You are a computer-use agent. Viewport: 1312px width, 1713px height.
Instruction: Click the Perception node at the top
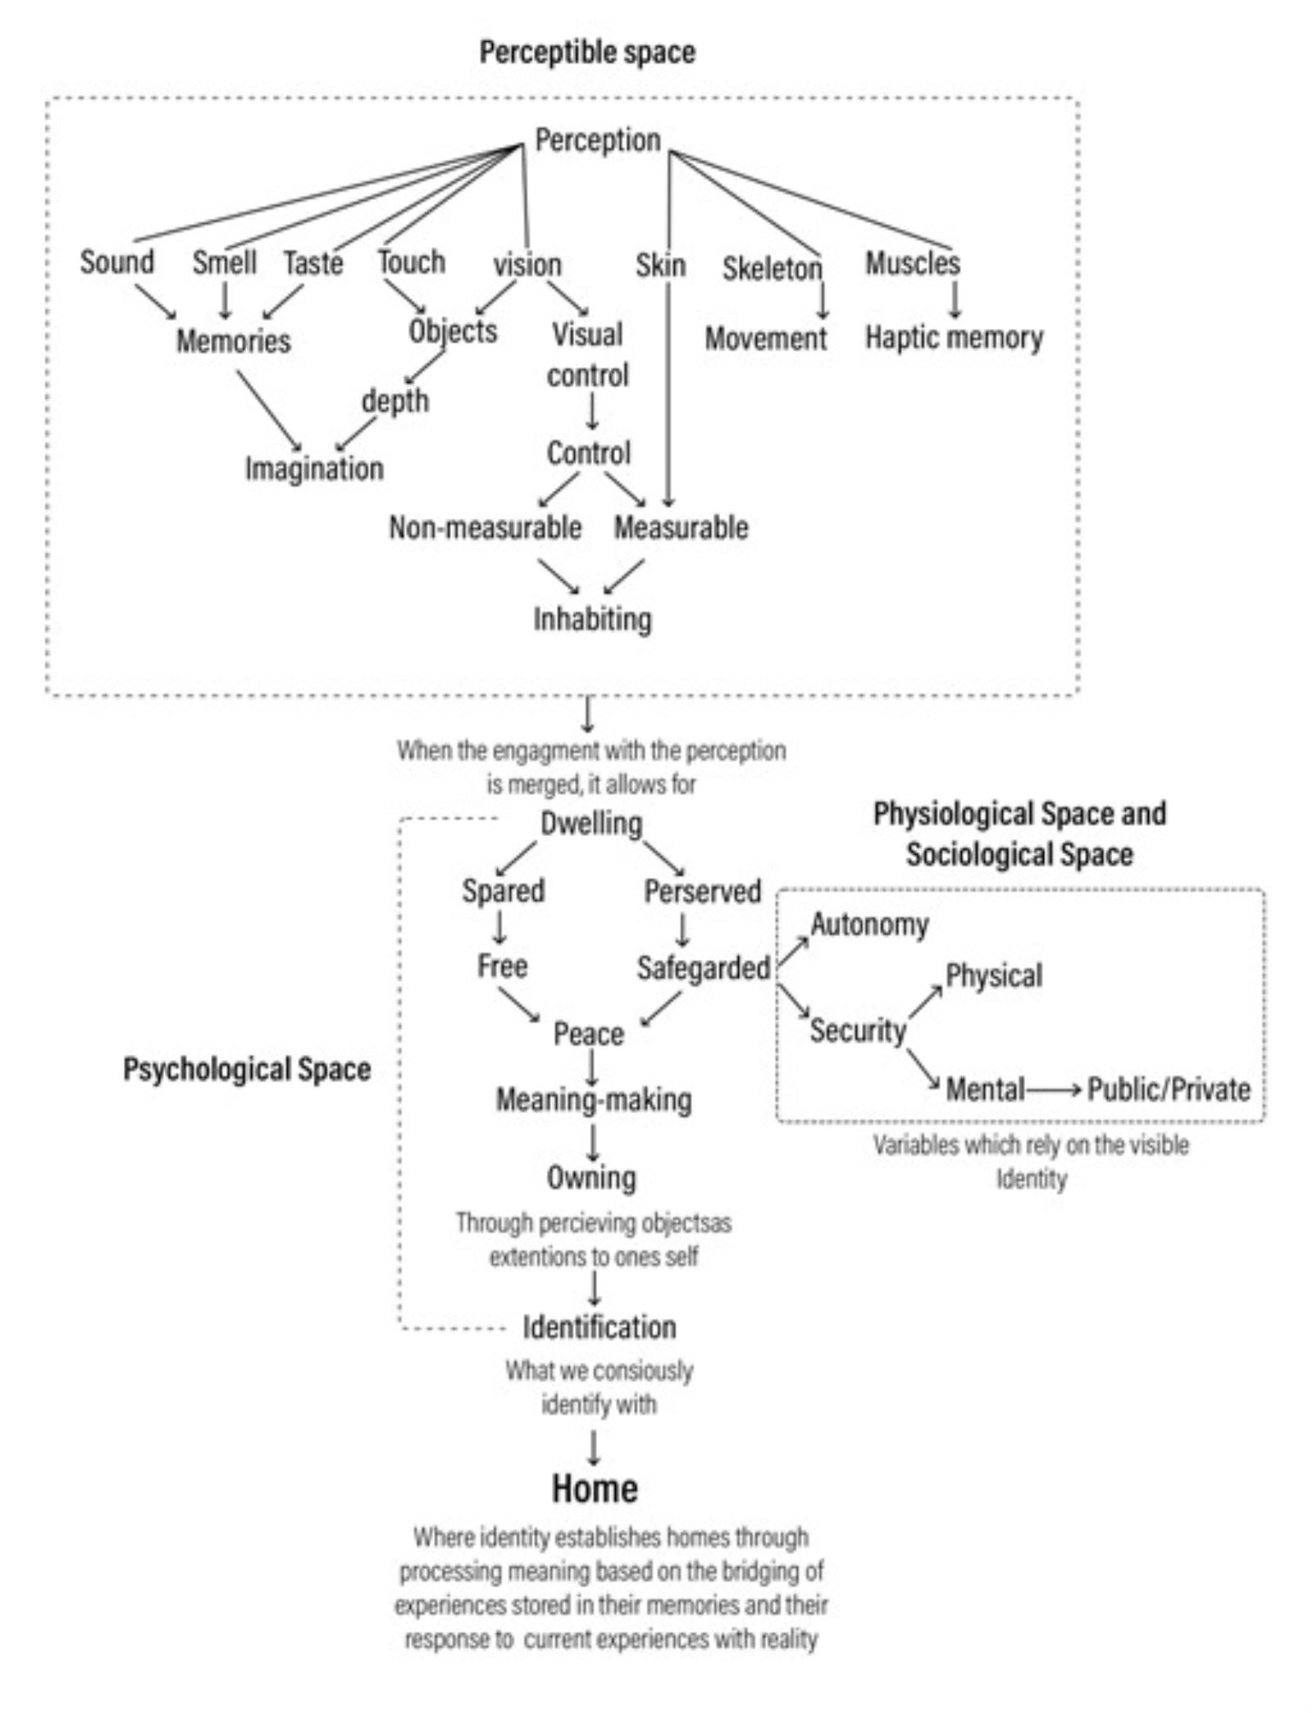[597, 140]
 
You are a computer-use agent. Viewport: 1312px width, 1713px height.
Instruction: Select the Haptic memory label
[954, 337]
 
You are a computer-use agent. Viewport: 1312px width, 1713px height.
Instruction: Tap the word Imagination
[314, 468]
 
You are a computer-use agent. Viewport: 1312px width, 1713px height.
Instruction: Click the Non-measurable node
[485, 528]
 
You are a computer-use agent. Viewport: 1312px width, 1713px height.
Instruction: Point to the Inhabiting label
[592, 619]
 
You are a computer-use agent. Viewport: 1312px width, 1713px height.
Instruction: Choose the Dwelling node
[591, 824]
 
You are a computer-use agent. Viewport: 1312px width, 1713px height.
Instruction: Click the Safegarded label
[703, 968]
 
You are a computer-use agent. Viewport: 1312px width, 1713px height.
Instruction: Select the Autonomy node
[869, 925]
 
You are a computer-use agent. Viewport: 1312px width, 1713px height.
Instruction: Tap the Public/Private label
[1168, 1089]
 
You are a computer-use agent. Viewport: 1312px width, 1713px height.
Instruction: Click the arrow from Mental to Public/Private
[1055, 1090]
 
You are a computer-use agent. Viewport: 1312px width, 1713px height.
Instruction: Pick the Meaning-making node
[594, 1099]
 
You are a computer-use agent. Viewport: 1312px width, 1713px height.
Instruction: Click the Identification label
[599, 1327]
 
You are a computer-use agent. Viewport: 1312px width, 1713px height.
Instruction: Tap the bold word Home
[594, 1488]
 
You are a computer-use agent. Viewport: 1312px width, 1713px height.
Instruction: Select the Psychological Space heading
[247, 1069]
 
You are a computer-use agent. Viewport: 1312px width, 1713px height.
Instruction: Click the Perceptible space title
[587, 53]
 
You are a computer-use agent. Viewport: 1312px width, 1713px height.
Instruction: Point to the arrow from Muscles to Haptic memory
[954, 299]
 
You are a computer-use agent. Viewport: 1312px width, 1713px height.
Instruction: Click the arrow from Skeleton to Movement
[822, 300]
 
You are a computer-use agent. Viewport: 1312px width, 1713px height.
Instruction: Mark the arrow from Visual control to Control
[591, 412]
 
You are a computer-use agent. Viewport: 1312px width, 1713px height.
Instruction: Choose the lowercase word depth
[395, 401]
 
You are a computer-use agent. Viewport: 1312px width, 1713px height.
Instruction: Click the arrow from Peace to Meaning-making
[591, 1067]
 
